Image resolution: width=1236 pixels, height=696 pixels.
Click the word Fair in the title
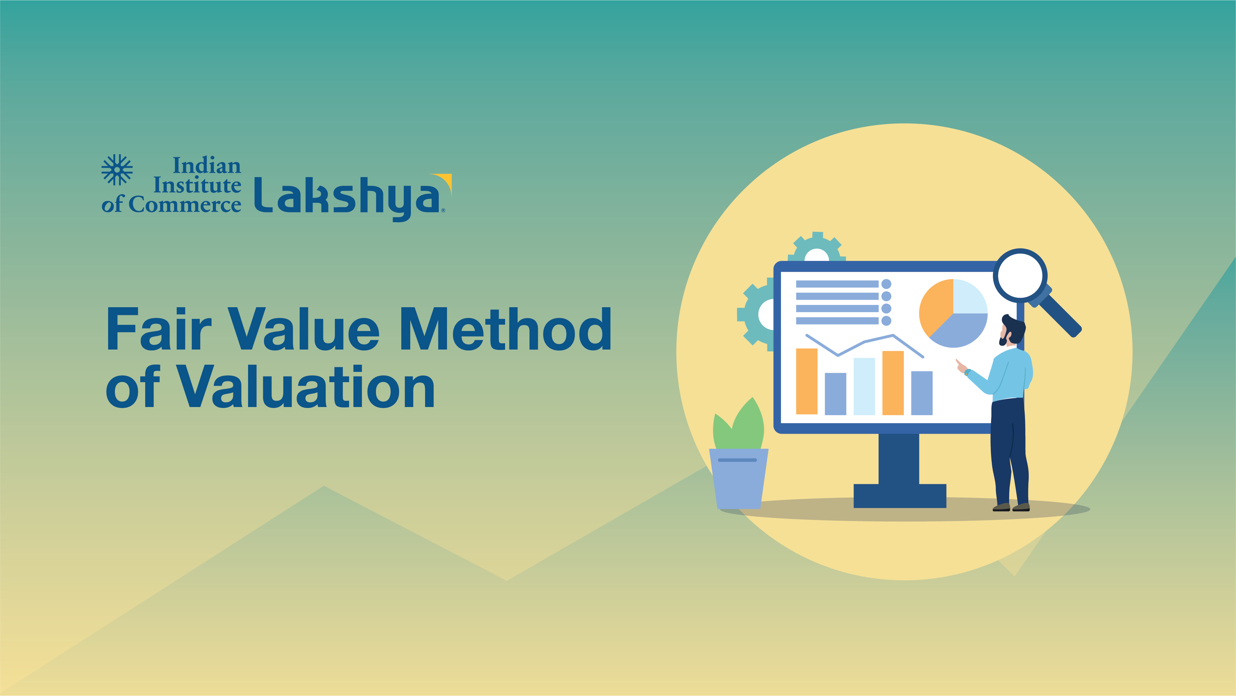point(159,329)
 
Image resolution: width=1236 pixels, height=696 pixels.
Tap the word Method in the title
point(505,329)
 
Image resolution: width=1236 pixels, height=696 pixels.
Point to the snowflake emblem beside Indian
point(117,169)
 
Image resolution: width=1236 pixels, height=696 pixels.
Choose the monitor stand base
point(900,495)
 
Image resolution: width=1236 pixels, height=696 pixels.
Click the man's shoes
point(1011,507)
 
